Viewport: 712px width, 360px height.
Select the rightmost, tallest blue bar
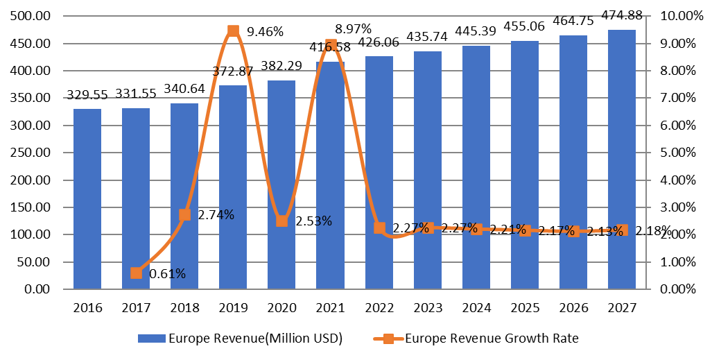(x=622, y=159)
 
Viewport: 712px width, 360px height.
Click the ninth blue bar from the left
(x=476, y=167)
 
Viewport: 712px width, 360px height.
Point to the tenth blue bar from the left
(x=525, y=164)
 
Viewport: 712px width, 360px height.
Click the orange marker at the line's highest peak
(x=234, y=31)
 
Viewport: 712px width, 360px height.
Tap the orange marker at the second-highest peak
(x=331, y=44)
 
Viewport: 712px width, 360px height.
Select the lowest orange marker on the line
(x=136, y=273)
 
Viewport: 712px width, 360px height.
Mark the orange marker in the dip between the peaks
(x=282, y=221)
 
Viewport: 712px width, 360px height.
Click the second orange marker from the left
(x=185, y=215)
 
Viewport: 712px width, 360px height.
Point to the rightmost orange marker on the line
(x=622, y=230)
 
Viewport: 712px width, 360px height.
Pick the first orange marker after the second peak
(x=379, y=228)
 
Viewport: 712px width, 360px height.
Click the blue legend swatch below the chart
(x=152, y=338)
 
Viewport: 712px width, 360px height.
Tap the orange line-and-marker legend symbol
(x=388, y=338)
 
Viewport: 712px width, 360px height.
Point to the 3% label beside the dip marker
(x=322, y=221)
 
